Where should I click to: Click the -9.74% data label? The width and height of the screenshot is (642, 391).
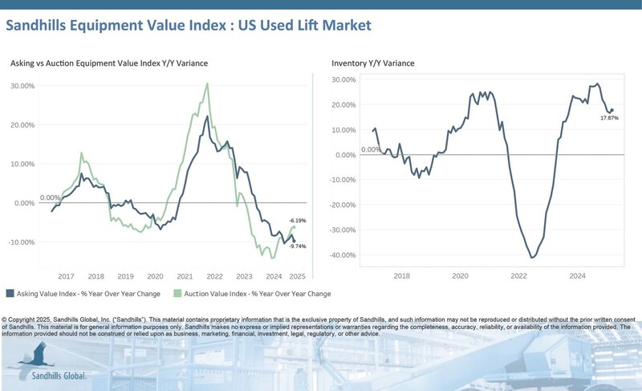tap(297, 247)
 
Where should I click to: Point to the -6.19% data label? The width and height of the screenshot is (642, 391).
tap(297, 220)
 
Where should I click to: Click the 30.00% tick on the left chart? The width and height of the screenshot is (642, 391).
tap(22, 86)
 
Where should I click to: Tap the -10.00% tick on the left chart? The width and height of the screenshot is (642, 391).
tap(21, 242)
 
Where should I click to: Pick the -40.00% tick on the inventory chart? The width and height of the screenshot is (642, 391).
tap(343, 255)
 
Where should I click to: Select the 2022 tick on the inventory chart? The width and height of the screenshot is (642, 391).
tap(518, 275)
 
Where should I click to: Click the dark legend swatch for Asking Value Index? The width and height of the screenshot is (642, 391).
tap(10, 294)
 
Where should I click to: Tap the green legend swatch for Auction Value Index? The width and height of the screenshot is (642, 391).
tap(178, 294)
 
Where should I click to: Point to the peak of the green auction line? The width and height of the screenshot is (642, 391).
tap(208, 83)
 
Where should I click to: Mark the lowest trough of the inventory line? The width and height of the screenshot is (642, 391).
tap(532, 258)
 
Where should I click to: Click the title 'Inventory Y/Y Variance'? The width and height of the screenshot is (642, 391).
tap(373, 63)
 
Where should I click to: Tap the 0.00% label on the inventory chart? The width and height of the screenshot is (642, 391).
tap(370, 149)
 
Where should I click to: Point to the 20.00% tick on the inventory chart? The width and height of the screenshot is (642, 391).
tap(343, 104)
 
